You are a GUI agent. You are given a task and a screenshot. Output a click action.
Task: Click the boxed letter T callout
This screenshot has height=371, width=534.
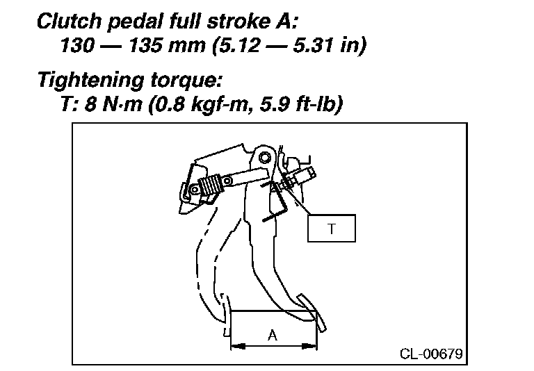point(332,229)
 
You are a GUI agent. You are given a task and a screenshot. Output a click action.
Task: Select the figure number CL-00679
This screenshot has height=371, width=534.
point(431,353)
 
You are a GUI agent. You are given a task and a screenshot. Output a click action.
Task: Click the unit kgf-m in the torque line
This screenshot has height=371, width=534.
point(224,106)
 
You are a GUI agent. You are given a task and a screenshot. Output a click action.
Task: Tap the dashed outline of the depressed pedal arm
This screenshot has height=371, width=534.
point(209,257)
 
